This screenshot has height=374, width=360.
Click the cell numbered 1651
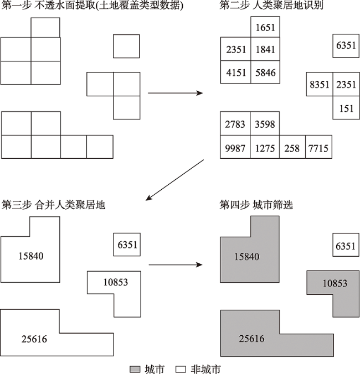(265, 27)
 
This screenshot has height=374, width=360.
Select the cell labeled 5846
(265, 72)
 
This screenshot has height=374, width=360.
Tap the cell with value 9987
(235, 147)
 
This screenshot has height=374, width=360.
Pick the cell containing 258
(292, 147)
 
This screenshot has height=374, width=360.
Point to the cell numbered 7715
(318, 147)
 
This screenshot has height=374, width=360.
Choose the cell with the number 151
(346, 107)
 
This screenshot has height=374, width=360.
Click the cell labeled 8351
(320, 84)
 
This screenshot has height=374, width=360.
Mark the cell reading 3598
(265, 123)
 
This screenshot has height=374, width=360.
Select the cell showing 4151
(235, 72)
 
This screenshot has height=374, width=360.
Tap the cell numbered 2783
(235, 123)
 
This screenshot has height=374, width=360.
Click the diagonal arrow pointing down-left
(175, 180)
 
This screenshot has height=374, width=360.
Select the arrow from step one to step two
(176, 93)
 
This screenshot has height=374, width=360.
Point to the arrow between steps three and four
(176, 264)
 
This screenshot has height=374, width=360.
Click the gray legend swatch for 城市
(135, 370)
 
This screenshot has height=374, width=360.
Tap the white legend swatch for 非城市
(181, 370)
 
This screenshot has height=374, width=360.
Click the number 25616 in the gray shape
(251, 339)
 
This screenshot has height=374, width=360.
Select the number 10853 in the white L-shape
(116, 282)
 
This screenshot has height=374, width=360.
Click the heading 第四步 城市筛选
(256, 205)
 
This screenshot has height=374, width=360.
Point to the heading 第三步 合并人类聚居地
(54, 205)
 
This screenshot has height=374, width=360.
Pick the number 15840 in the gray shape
(246, 257)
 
